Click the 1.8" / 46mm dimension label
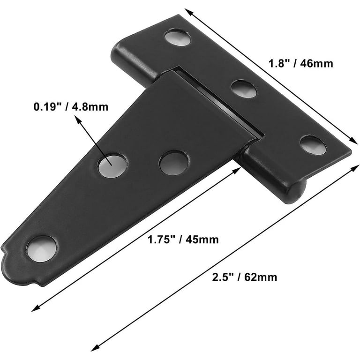click(301, 63)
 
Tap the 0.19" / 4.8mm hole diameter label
click(71, 107)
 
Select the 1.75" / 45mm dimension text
click(183, 240)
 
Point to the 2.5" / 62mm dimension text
click(245, 277)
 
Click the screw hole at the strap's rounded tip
click(42, 249)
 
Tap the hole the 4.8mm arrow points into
click(112, 166)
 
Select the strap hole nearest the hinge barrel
click(174, 163)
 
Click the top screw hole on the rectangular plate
click(178, 37)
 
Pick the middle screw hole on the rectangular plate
click(244, 89)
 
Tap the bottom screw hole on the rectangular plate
click(313, 145)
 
